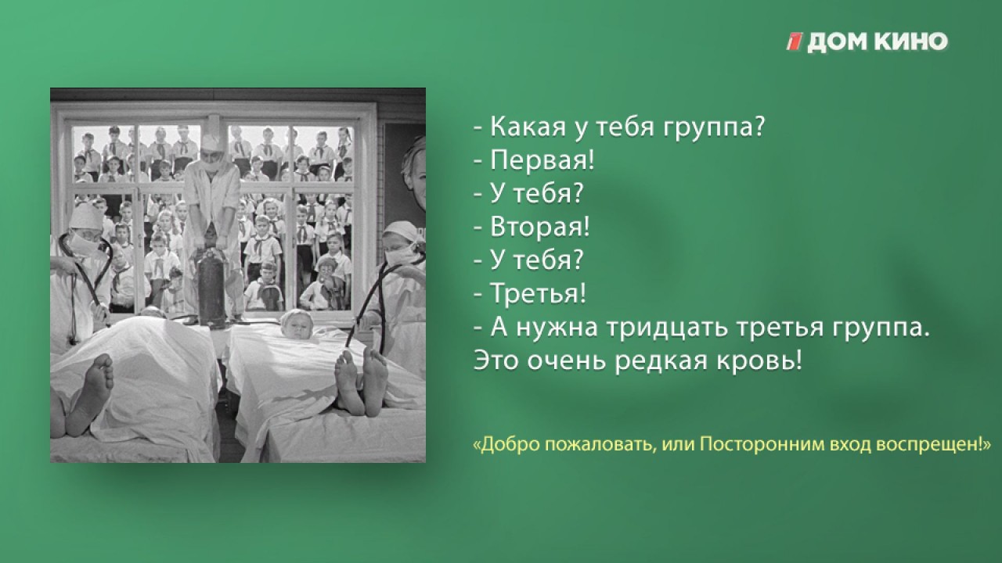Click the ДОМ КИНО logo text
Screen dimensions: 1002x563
click(878, 42)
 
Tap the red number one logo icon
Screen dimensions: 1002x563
click(795, 42)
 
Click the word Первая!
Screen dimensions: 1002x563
click(542, 160)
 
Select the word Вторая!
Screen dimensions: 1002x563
click(540, 227)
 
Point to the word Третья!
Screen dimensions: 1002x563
click(538, 292)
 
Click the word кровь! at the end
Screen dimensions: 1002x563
click(759, 361)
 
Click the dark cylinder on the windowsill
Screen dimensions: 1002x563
click(211, 289)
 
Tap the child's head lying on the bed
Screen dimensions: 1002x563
click(296, 324)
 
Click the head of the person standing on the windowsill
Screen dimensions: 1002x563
click(212, 151)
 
